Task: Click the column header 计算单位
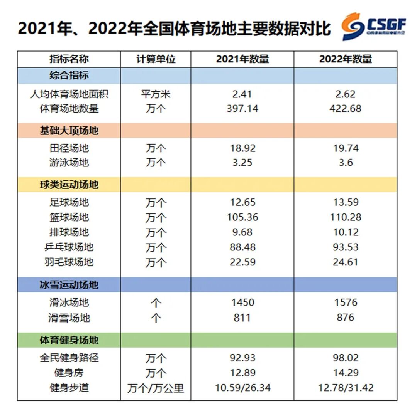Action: coord(156,59)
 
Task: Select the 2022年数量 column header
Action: coord(345,59)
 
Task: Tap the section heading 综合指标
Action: coord(69,75)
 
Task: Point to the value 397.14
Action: coord(242,109)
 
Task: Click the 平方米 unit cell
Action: coord(156,94)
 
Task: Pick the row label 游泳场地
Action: coord(69,163)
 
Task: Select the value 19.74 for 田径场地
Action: coord(345,148)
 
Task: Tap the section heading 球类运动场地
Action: coord(69,185)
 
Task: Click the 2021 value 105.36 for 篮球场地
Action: coord(242,217)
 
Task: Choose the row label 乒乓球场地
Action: coord(69,247)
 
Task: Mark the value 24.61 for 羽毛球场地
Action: coord(345,262)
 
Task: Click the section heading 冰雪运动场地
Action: coord(69,285)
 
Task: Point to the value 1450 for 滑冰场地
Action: coord(242,302)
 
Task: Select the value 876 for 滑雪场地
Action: coord(345,318)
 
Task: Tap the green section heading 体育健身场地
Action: coord(69,340)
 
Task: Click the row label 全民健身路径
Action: coord(69,358)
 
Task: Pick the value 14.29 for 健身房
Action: coord(345,373)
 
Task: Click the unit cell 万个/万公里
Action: coord(156,388)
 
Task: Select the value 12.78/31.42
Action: coord(345,388)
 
